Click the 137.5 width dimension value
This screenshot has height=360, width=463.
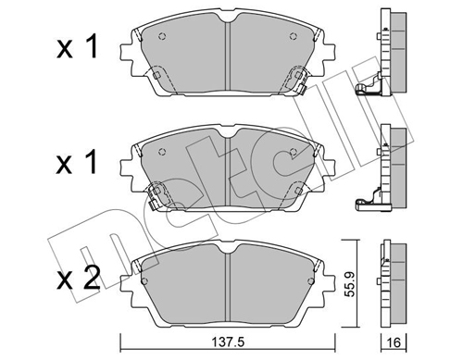click(x=228, y=341)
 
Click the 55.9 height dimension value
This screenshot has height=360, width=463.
click(x=350, y=284)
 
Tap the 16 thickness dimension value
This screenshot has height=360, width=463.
click(x=394, y=342)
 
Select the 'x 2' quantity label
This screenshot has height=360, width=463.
click(x=79, y=278)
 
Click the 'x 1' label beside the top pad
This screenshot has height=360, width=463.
click(x=77, y=46)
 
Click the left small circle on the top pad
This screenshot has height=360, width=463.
click(x=162, y=36)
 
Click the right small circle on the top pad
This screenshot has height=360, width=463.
click(x=294, y=36)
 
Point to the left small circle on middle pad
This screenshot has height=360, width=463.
click(x=162, y=152)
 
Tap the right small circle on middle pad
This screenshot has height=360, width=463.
click(x=294, y=152)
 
